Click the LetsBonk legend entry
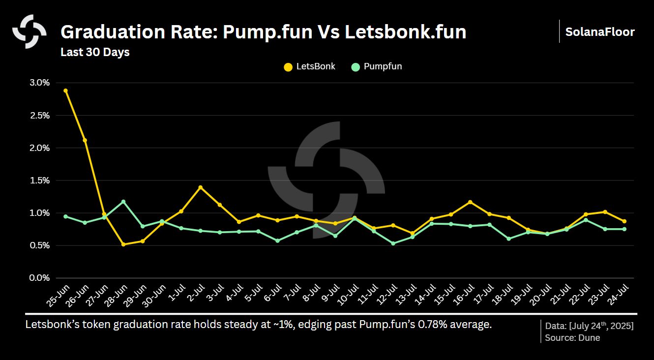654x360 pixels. pyautogui.click(x=310, y=66)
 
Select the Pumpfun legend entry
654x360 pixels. pyautogui.click(x=377, y=66)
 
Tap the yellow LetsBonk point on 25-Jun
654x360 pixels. pyautogui.click(x=66, y=90)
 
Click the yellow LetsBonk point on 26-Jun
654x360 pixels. pyautogui.click(x=85, y=140)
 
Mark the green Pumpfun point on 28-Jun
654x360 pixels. pyautogui.click(x=123, y=202)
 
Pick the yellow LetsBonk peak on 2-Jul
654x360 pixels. pyautogui.click(x=201, y=187)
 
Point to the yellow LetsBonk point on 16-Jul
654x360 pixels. pyautogui.click(x=470, y=202)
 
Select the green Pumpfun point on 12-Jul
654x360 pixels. pyautogui.click(x=393, y=243)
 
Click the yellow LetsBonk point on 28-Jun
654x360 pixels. pyautogui.click(x=123, y=244)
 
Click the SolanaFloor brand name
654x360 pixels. pyautogui.click(x=600, y=32)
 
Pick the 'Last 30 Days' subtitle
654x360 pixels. pyautogui.click(x=95, y=52)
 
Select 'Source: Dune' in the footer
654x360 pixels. pyautogui.click(x=572, y=338)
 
